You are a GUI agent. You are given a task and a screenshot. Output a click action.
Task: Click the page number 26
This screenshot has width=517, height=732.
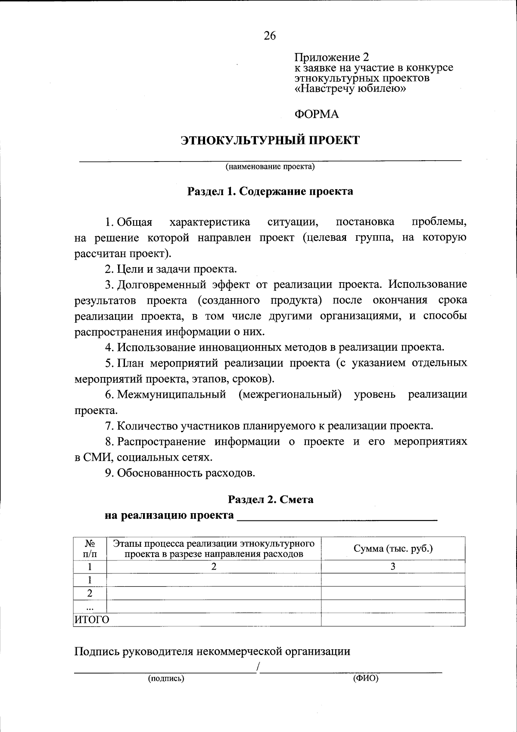click(270, 36)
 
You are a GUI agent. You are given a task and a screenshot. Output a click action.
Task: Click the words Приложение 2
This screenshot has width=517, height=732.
click(332, 57)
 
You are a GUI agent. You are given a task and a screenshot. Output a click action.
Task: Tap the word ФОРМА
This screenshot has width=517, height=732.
click(317, 114)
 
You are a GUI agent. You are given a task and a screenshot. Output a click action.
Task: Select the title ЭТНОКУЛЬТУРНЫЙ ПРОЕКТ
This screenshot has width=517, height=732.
click(270, 140)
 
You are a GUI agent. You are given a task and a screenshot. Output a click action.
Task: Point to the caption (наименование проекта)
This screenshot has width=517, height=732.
click(270, 167)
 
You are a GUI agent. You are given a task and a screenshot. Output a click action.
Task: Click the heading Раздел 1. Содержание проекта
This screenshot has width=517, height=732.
click(270, 191)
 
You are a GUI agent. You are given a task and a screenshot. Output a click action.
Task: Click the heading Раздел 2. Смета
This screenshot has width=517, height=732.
click(271, 499)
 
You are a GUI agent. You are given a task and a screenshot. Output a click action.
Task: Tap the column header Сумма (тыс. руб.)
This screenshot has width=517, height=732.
click(393, 548)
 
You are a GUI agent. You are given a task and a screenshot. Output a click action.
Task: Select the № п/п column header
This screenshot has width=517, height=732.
click(90, 548)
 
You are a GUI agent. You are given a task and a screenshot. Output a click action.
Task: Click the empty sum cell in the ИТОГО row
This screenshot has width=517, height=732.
click(393, 620)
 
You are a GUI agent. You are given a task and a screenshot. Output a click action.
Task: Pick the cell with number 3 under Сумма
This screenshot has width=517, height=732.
click(393, 567)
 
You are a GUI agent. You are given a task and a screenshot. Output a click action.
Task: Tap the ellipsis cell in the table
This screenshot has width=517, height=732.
click(90, 607)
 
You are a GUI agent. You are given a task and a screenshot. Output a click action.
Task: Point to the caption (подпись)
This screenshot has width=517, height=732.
click(166, 679)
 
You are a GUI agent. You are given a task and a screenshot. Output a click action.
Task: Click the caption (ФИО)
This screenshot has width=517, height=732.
click(365, 679)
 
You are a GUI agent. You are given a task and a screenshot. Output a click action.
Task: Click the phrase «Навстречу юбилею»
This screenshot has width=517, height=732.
click(351, 89)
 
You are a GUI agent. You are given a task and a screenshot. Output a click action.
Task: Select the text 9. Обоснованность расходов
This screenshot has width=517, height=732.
click(180, 473)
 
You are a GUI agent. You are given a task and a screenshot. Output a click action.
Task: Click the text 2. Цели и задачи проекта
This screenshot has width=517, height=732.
click(171, 269)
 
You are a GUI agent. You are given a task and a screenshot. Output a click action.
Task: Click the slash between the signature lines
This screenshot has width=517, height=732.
click(258, 667)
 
